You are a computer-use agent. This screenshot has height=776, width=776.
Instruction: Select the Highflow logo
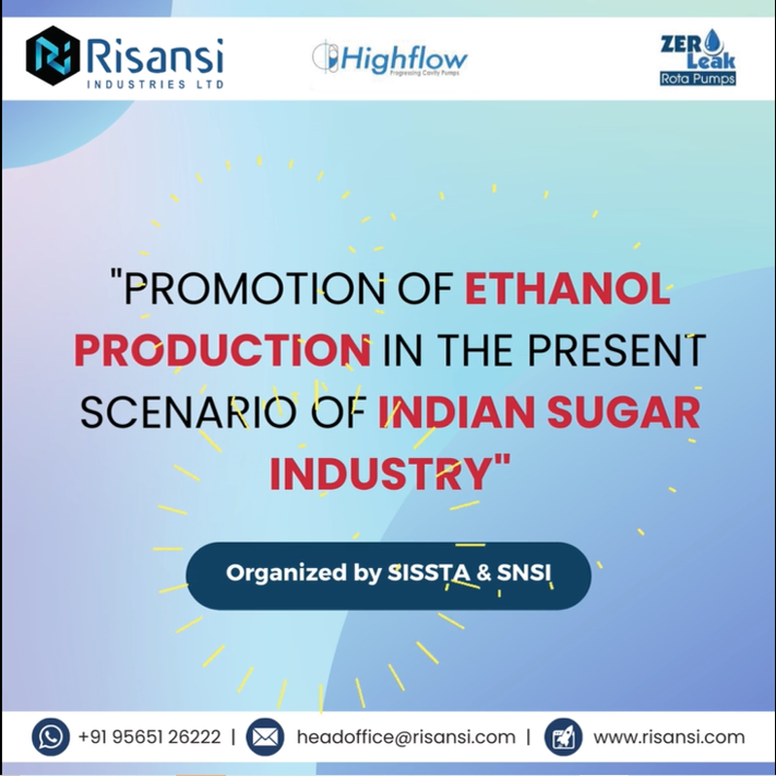[x=390, y=59]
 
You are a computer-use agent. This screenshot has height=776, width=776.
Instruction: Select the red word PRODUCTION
[x=222, y=350]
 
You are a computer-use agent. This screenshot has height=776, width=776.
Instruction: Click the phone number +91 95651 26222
[x=149, y=737]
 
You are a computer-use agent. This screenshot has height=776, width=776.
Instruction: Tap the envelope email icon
[x=265, y=736]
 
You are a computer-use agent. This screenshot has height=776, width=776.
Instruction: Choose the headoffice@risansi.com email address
[x=406, y=737]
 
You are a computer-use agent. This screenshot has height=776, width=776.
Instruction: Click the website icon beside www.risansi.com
[x=563, y=736]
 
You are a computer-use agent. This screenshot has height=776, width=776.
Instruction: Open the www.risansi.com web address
[x=669, y=737]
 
